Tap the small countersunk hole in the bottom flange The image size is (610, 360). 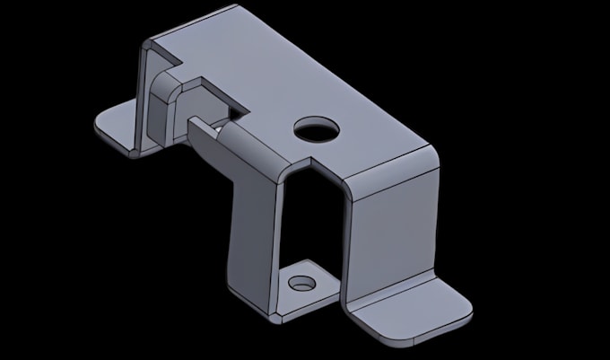click(301, 284)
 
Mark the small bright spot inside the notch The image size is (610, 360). click(218, 127)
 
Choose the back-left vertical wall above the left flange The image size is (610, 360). click(145, 99)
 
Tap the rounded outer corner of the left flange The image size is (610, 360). click(99, 131)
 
